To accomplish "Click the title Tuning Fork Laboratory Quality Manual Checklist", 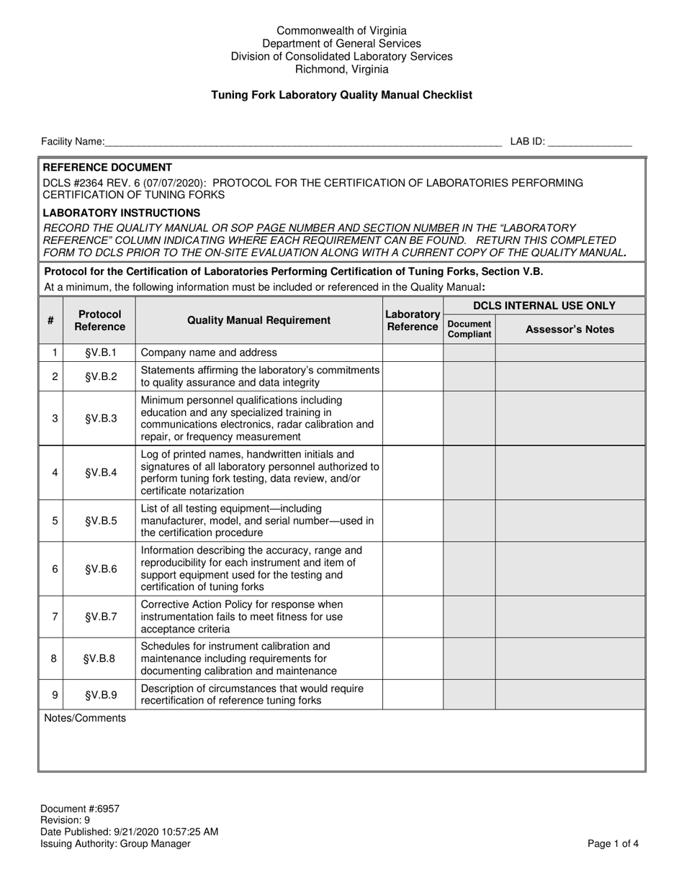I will pos(341,95).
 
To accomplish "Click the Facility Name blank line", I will pos(302,142).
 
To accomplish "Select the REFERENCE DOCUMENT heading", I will pos(107,167).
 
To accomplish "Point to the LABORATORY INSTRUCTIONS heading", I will pos(122,213).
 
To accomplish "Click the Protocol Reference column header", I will pos(99,321).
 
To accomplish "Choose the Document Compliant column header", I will pos(469,329).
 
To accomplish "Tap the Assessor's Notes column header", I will pos(570,330).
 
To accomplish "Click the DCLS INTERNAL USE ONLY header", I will pos(544,306).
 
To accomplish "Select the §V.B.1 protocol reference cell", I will pos(99,353).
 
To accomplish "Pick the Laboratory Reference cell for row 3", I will pos(413,418).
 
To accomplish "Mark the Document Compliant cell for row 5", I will pos(469,520).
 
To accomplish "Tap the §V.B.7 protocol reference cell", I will pos(99,617).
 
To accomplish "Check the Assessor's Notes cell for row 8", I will pos(570,658).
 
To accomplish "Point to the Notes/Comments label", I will pos(85,718).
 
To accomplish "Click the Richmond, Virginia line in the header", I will pos(341,70).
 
